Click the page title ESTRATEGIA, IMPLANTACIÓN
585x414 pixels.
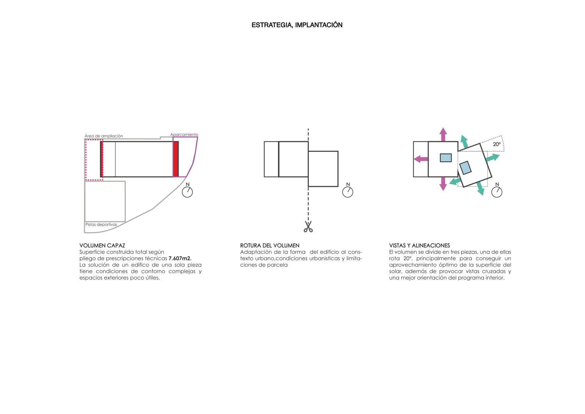(297, 25)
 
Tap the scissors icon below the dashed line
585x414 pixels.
(308, 227)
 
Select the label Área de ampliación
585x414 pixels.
(104, 136)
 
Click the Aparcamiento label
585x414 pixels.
(184, 134)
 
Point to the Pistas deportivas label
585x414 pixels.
(101, 224)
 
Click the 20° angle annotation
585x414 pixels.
(497, 144)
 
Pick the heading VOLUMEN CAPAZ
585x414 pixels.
(102, 245)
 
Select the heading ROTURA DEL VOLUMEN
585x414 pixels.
(270, 245)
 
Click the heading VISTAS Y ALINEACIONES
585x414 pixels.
(419, 245)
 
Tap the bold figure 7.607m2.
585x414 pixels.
(180, 258)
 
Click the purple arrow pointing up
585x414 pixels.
(443, 134)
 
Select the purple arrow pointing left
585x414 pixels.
(421, 159)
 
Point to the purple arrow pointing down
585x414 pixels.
(443, 184)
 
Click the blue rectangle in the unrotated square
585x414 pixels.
(446, 158)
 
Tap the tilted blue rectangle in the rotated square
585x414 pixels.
(465, 168)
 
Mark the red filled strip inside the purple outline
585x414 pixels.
(176, 159)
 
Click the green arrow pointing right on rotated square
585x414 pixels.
(493, 158)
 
